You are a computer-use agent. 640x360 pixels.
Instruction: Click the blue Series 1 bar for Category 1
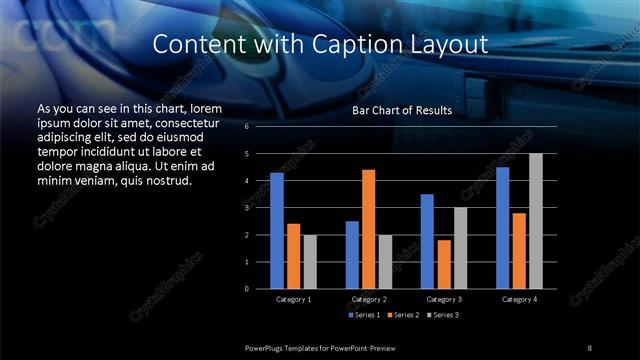point(277,231)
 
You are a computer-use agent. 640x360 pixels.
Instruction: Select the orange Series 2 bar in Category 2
point(369,229)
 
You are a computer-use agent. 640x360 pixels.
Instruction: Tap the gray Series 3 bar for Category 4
point(536,221)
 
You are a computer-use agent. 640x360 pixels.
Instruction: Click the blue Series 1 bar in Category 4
point(503,228)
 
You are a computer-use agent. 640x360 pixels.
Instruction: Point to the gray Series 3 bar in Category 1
point(310,262)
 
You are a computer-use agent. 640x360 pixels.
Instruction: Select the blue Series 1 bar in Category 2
point(352,255)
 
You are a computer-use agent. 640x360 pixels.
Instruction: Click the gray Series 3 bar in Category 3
point(461,248)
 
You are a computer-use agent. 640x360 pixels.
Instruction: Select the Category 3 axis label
point(444,299)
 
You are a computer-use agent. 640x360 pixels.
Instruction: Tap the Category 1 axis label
point(293,299)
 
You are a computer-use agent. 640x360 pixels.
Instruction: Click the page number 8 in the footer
point(591,346)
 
